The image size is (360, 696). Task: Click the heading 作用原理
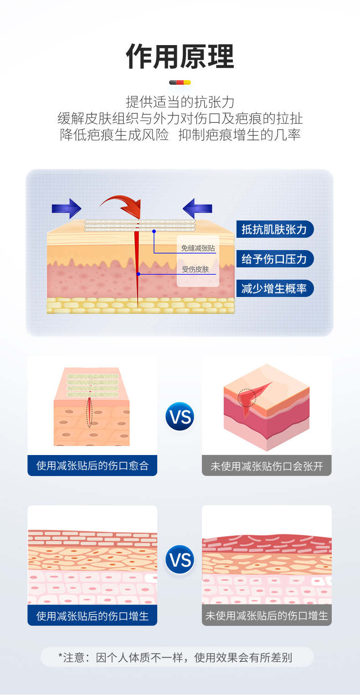tap(180, 57)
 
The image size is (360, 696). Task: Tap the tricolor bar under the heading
tap(180, 82)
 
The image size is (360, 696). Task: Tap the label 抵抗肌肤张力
tap(274, 229)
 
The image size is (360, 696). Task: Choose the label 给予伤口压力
tap(274, 259)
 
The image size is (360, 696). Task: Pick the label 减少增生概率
tap(274, 288)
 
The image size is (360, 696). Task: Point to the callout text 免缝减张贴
tap(198, 248)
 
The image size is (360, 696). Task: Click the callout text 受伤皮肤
tap(195, 269)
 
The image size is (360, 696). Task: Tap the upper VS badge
tap(180, 416)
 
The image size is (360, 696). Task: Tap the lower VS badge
tap(180, 559)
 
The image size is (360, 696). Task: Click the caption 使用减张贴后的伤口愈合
tap(93, 466)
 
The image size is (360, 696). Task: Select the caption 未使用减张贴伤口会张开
tap(267, 466)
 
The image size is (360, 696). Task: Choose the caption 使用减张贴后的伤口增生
tap(93, 616)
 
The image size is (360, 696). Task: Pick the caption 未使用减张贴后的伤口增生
tap(267, 616)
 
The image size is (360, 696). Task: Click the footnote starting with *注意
tap(177, 657)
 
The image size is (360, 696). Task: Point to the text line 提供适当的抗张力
tap(180, 102)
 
